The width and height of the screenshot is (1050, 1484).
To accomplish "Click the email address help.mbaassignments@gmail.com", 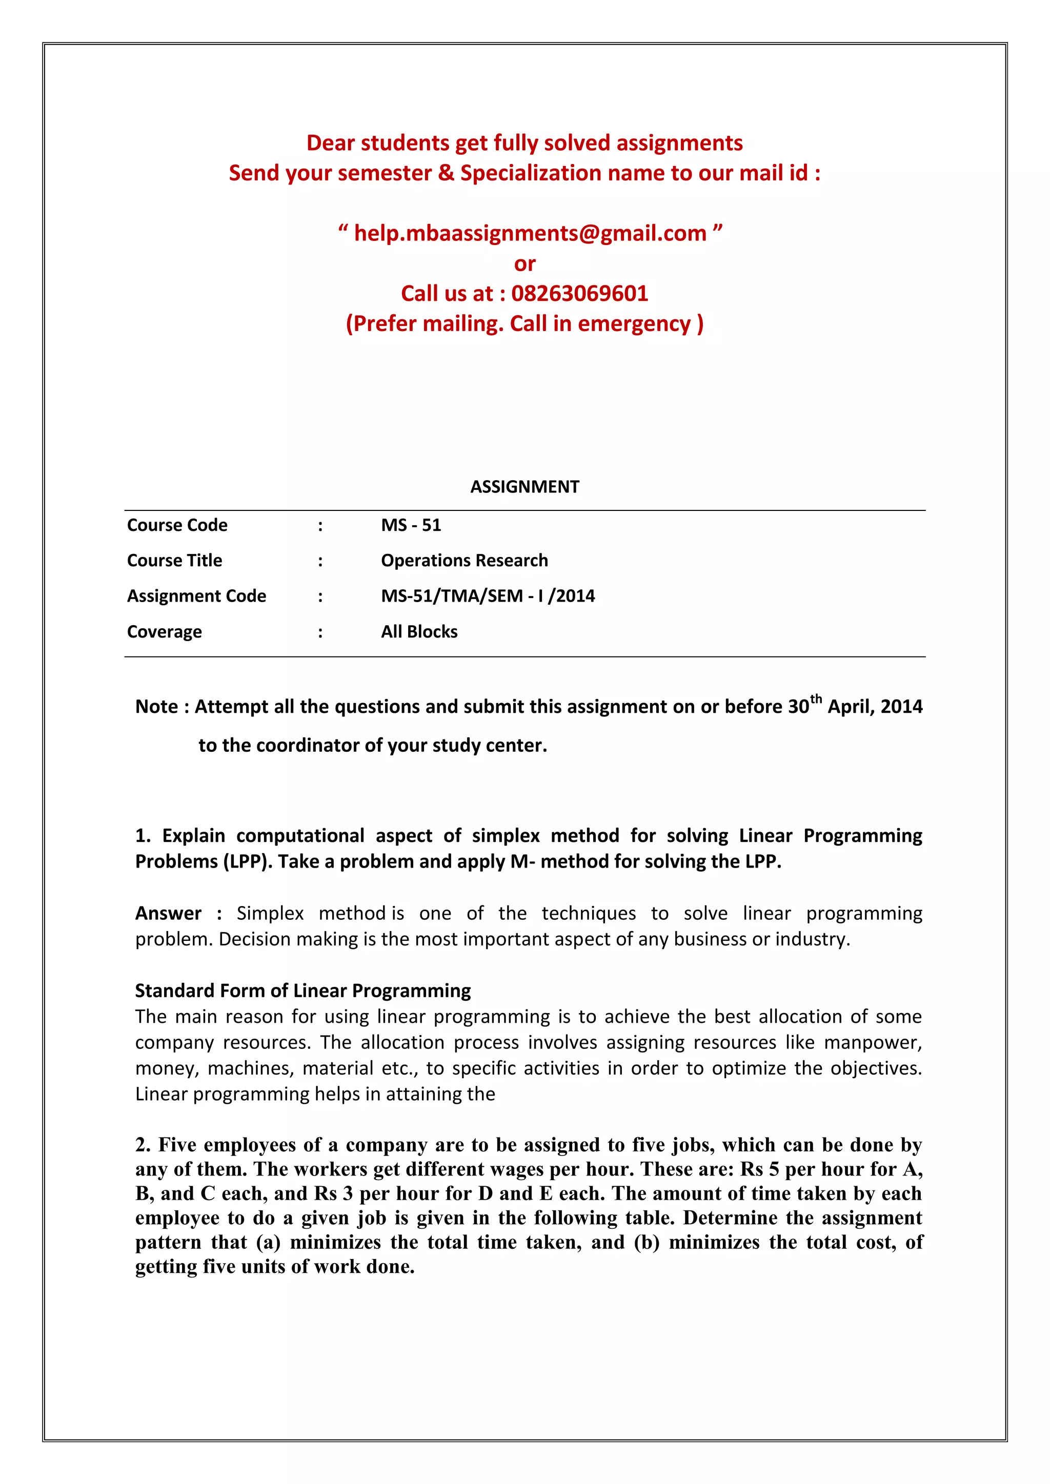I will [530, 233].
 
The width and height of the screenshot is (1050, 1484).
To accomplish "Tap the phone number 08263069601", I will [579, 294].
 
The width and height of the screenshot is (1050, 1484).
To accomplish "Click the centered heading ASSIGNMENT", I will [524, 487].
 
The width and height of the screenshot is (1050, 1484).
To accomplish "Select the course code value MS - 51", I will [411, 525].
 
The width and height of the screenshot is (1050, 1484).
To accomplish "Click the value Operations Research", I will [463, 561].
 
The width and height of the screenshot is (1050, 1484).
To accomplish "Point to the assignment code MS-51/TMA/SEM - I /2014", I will [488, 596].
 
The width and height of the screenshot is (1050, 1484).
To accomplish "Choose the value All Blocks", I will [419, 631].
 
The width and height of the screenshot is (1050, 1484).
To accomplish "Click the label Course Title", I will [174, 561].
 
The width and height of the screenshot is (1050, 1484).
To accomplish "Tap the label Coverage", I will [164, 631].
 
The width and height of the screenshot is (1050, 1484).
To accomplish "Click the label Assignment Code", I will [196, 596].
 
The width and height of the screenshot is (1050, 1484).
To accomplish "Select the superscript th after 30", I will [816, 698].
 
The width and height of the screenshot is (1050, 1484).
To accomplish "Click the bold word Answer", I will [168, 913].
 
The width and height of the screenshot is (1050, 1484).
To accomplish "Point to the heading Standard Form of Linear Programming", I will [302, 991].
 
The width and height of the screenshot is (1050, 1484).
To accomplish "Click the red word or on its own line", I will [524, 264].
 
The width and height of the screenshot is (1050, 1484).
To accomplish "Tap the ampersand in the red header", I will [446, 173].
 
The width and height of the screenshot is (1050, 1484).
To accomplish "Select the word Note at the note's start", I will [156, 707].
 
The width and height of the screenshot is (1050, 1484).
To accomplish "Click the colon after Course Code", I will [320, 525].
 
